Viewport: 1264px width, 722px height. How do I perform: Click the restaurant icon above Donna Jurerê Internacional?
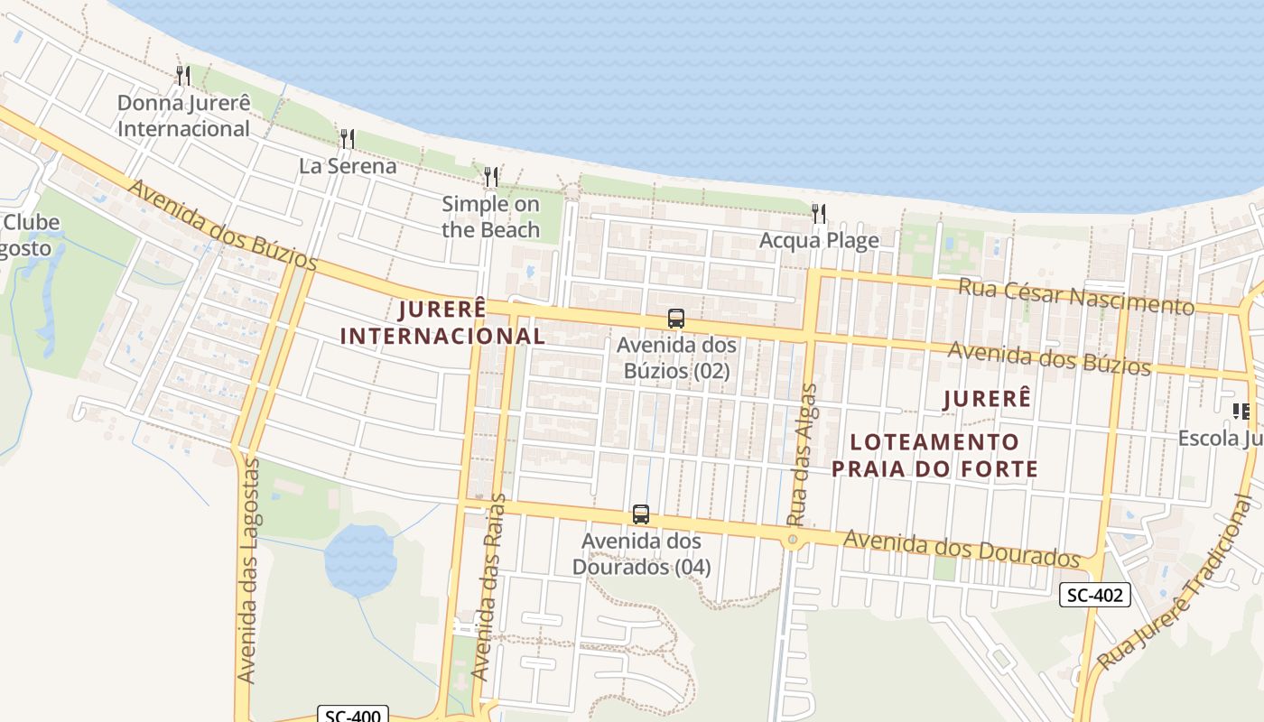tap(183, 75)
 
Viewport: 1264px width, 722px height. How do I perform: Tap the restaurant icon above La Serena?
tap(347, 139)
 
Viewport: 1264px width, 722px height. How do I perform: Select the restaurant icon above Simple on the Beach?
tap(490, 177)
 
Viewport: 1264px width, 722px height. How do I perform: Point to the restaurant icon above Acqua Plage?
tap(818, 214)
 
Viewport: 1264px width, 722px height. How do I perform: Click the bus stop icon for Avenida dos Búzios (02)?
tap(675, 319)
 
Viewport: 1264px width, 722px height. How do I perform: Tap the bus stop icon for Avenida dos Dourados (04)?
tap(640, 514)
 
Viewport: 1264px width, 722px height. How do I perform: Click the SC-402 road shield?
tap(1094, 595)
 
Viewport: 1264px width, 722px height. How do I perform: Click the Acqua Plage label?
tap(819, 240)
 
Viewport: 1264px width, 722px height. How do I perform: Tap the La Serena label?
tap(348, 166)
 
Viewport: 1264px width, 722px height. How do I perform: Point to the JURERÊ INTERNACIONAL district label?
tap(442, 322)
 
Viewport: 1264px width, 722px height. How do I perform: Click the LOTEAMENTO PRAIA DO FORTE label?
tap(934, 455)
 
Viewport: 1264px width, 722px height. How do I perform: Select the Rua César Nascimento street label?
tap(1075, 296)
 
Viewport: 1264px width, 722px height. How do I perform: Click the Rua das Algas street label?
tap(801, 455)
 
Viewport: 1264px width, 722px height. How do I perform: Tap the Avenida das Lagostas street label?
tap(247, 569)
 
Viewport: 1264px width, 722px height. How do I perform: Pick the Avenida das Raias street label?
tap(488, 588)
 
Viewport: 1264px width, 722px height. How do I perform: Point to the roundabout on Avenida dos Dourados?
tap(792, 540)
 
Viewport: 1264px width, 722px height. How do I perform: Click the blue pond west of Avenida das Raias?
tap(360, 559)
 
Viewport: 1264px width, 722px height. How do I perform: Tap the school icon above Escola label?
tap(1241, 412)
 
